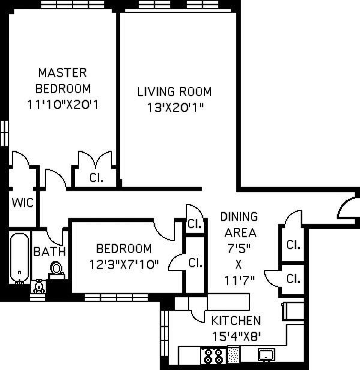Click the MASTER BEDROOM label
point(63,80)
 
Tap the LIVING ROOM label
point(175,92)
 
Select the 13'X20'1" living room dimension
point(175,107)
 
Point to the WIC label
point(23,203)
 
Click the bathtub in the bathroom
point(20,258)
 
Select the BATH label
point(50,251)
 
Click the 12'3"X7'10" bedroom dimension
point(124,265)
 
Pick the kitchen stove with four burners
point(213,356)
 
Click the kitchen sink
point(266,354)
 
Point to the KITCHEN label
point(236,321)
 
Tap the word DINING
point(239,216)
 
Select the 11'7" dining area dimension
point(239,281)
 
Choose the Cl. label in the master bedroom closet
point(97,178)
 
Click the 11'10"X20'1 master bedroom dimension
point(63,104)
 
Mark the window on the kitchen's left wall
point(164,337)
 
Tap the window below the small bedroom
point(116,297)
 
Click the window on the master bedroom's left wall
point(4,133)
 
